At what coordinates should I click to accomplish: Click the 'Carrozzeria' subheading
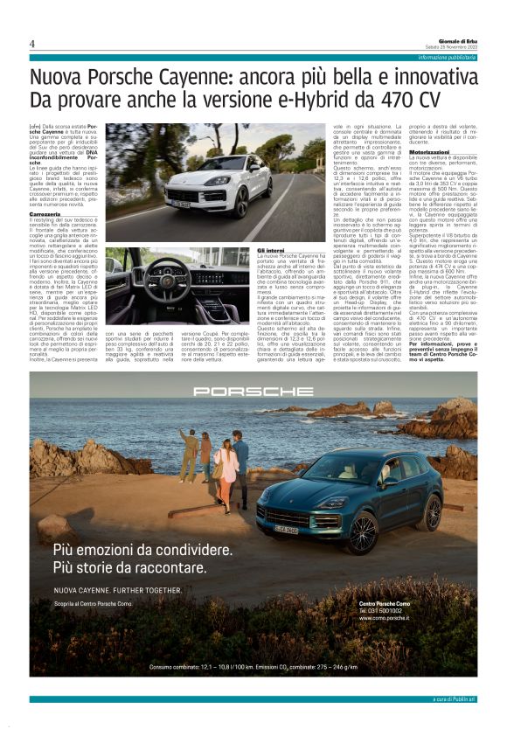45,212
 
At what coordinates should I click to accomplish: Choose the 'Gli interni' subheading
273,250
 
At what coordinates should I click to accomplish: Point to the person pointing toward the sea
191,453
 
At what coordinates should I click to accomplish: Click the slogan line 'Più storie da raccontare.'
130,567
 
